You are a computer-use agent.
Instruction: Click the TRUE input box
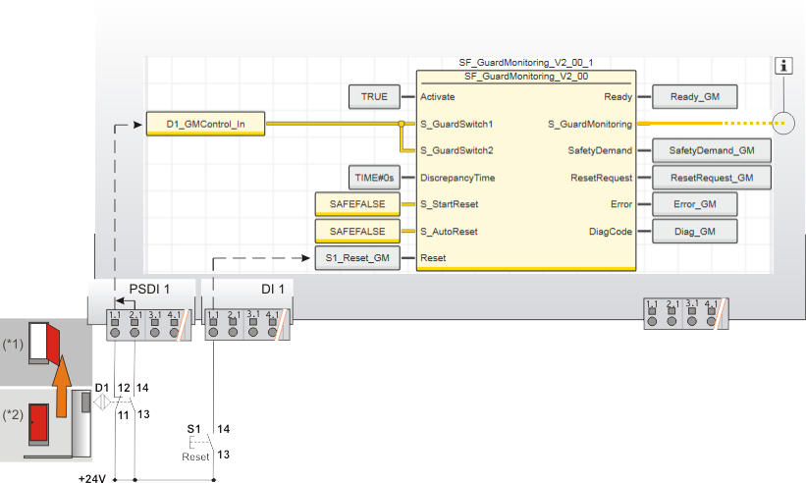tap(374, 97)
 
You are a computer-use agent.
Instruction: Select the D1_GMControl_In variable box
tap(205, 125)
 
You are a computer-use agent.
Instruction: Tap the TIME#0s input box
tap(374, 178)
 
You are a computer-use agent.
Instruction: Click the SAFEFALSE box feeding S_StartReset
tap(357, 204)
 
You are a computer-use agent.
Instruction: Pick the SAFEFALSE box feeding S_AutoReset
tap(357, 232)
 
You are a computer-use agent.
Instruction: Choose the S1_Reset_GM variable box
tap(357, 258)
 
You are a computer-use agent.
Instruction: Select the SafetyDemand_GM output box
tap(711, 150)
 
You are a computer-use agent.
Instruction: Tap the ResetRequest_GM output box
tap(711, 178)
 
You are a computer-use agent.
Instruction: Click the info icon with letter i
tap(783, 66)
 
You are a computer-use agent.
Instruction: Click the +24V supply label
tap(92, 479)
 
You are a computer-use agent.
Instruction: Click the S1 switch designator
tap(193, 429)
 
